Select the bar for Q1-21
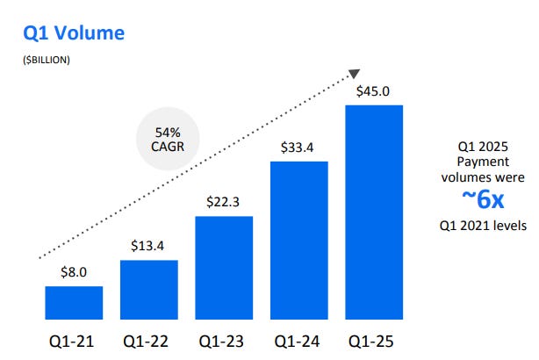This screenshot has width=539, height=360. click(74, 302)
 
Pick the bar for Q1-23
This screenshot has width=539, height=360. click(224, 267)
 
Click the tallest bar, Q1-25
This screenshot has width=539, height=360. click(374, 212)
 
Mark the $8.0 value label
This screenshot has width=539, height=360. click(74, 273)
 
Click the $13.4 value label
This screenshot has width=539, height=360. click(148, 246)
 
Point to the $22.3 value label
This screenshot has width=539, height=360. click(224, 203)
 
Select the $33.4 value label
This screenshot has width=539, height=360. click(299, 148)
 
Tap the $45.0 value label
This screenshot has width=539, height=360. click(374, 91)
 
